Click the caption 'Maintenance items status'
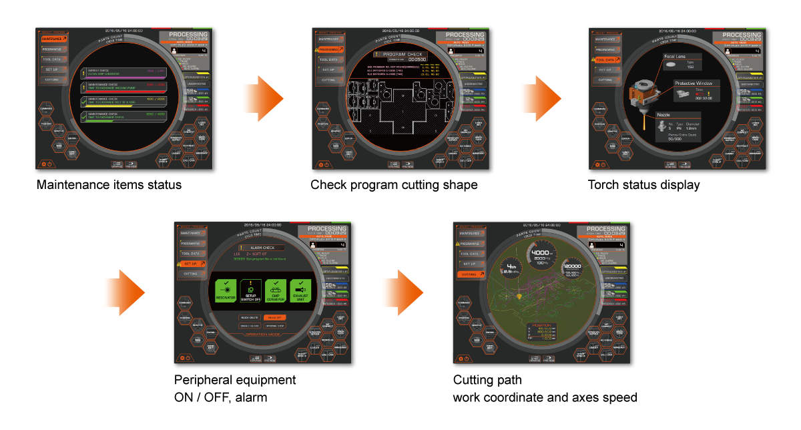click(108, 184)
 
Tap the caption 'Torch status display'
click(643, 184)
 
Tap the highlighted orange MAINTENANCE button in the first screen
click(55, 39)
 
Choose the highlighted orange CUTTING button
click(471, 274)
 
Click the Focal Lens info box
click(680, 62)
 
